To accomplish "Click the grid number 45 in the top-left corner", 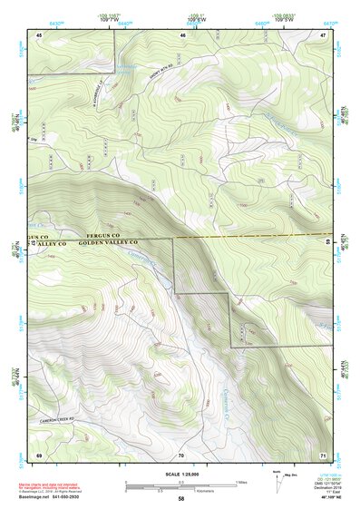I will point(39,34).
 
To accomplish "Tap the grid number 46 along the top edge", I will point(182,34).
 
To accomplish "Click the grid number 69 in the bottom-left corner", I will point(39,453).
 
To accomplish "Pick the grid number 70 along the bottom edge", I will point(181,453).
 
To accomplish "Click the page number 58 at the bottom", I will point(181,498).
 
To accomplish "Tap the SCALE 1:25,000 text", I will point(181,473).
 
